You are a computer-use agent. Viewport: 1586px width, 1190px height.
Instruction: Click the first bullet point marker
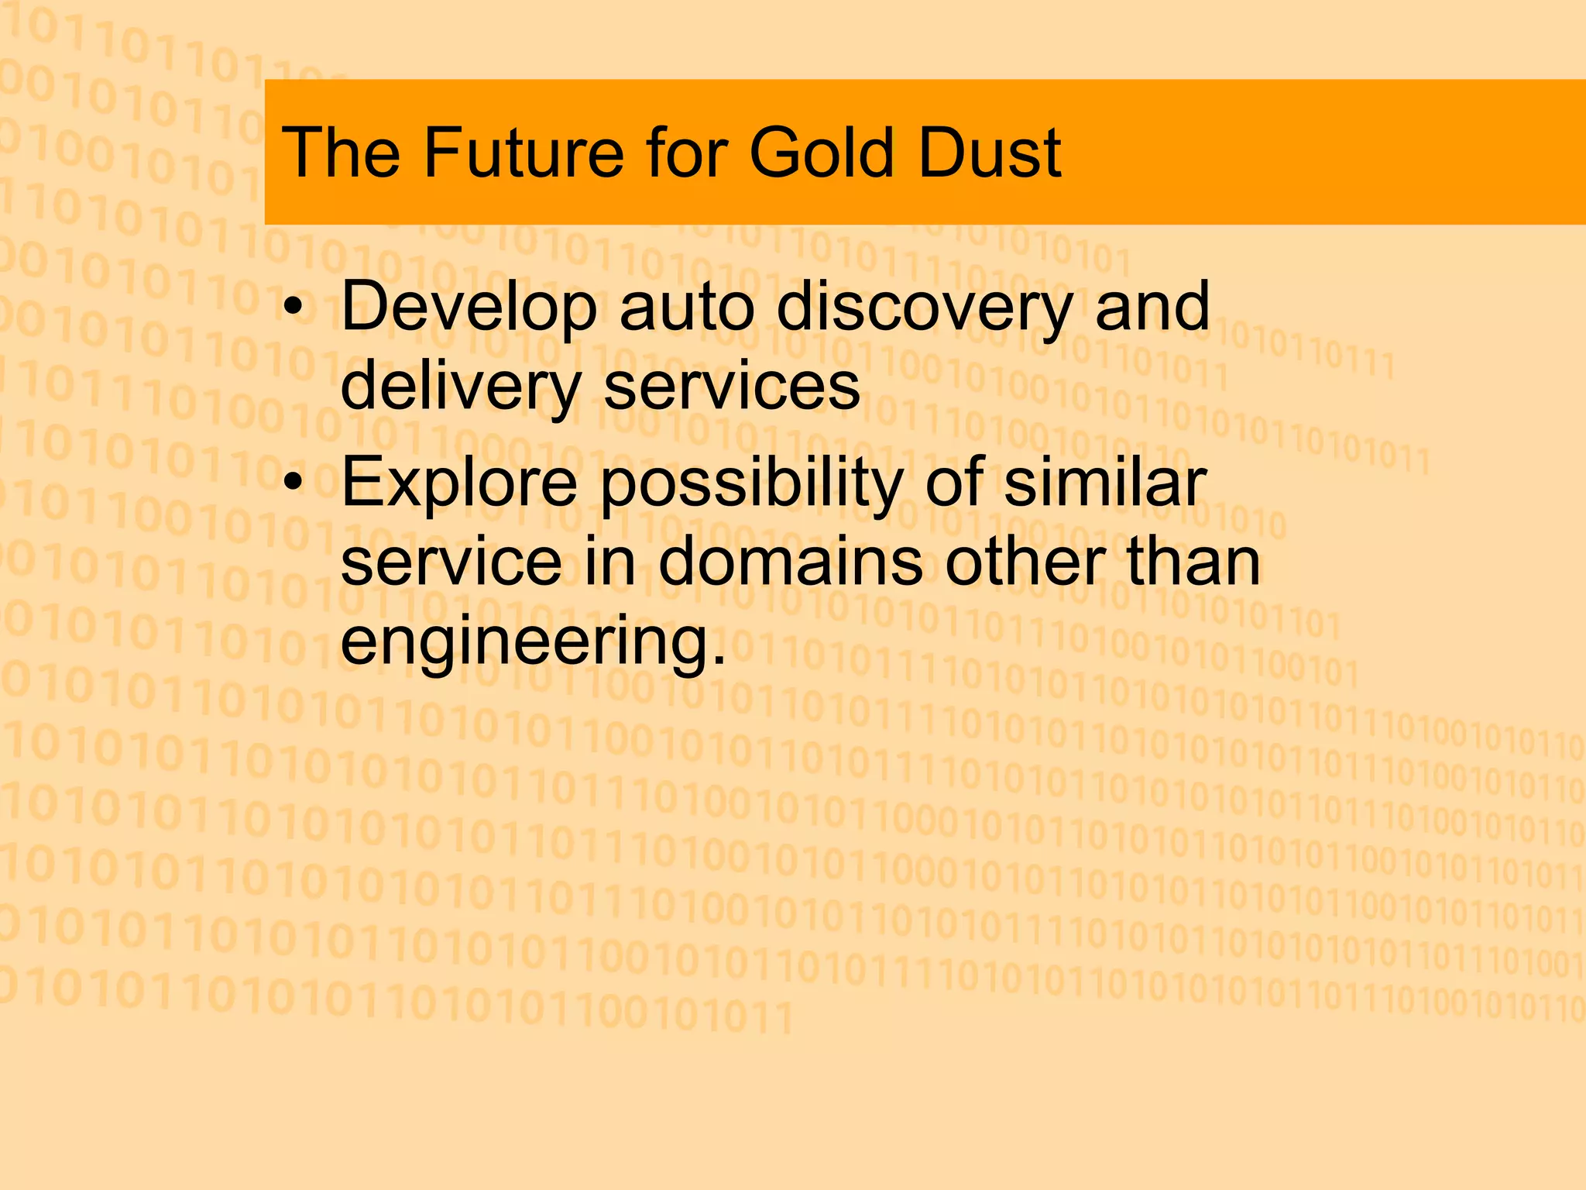(x=292, y=308)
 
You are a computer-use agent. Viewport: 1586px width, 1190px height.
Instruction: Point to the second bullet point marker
(x=292, y=483)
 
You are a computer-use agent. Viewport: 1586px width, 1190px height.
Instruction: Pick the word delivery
(x=461, y=387)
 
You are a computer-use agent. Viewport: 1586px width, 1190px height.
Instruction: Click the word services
(x=732, y=387)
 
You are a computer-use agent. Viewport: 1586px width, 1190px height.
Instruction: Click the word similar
(x=1105, y=482)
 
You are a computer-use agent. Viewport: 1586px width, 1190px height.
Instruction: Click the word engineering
(x=533, y=643)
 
